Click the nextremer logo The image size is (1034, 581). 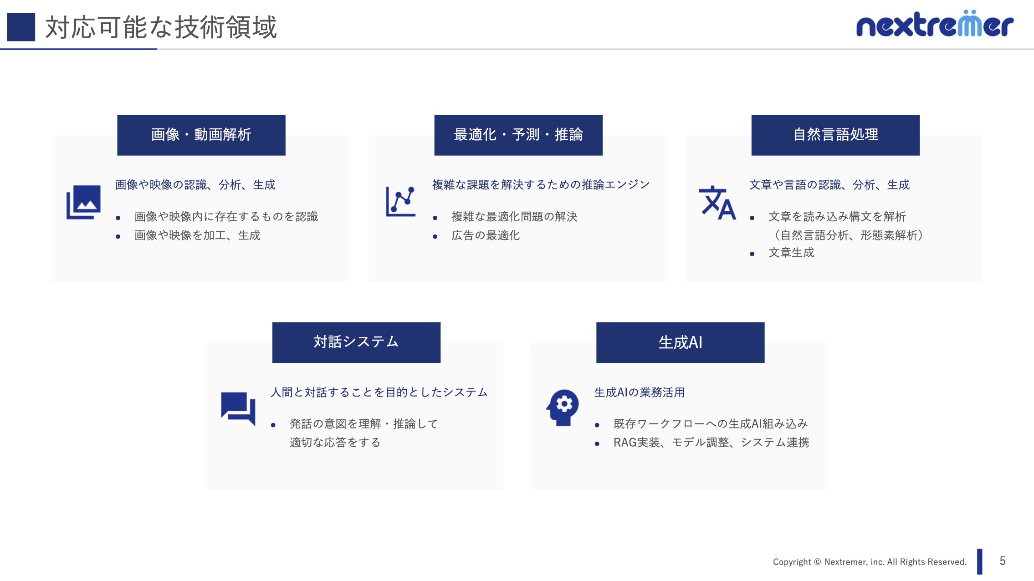click(935, 24)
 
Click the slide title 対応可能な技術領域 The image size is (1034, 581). click(161, 27)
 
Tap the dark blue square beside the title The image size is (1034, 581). click(21, 27)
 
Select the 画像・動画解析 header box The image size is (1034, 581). click(201, 135)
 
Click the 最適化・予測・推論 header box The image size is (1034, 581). click(518, 135)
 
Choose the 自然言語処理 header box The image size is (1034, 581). click(835, 135)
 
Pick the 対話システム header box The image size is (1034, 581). click(356, 342)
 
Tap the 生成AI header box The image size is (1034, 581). click(681, 342)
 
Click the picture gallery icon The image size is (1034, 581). click(83, 202)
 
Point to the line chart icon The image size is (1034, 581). click(401, 201)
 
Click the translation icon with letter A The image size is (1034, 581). click(717, 203)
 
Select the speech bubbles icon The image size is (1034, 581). click(238, 408)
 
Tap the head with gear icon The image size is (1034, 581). click(563, 408)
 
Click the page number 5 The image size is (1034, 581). click(1003, 561)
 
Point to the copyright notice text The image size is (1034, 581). click(870, 562)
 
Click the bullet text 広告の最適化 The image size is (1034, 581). click(486, 235)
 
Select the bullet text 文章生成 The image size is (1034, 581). click(791, 253)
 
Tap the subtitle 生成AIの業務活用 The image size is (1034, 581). click(640, 392)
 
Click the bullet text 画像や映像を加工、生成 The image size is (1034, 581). click(197, 235)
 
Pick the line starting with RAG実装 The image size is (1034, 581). click(711, 443)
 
